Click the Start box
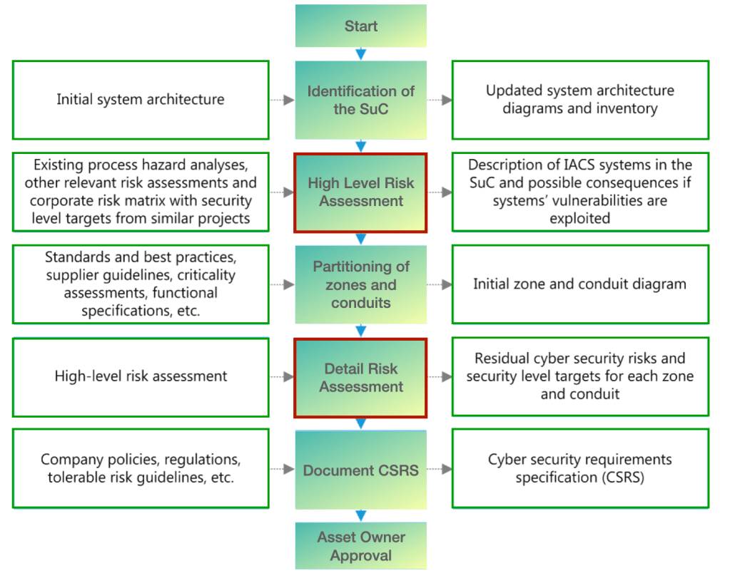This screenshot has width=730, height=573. point(361,26)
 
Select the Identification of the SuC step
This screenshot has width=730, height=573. point(361,100)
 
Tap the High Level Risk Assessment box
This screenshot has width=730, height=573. point(361,192)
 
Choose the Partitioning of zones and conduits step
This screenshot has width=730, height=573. point(361,284)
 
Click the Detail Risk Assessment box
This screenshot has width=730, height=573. point(361,378)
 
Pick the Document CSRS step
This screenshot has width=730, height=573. point(361,470)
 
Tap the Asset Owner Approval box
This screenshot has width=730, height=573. point(361,546)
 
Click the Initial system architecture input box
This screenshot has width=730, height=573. point(141,100)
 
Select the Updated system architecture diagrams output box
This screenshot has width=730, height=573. point(580,100)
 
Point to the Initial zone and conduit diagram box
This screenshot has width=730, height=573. point(580,284)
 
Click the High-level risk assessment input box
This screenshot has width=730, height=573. point(141,377)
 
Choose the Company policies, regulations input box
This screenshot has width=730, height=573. point(141,469)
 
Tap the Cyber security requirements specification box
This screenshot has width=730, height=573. point(580,469)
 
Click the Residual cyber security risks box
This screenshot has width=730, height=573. point(580,376)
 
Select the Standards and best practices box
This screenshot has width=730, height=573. point(141,284)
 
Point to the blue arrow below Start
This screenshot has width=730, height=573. point(361,53)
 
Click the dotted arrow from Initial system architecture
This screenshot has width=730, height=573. point(283,100)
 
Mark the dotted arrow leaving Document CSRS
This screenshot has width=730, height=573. point(440,470)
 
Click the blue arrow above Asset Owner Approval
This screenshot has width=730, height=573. point(361,515)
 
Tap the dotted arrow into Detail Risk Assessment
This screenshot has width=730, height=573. point(283,378)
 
